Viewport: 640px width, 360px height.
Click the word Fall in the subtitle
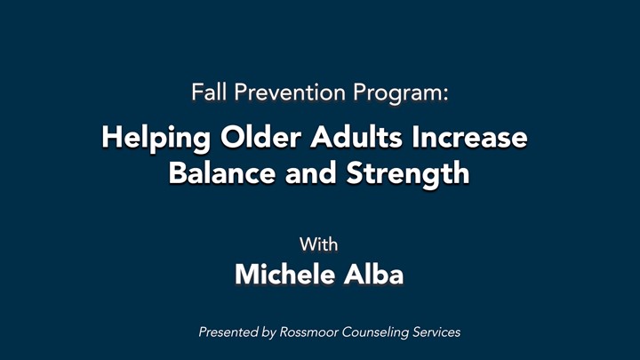209,92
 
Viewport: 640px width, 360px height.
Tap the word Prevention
290,92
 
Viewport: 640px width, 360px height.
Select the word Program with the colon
401,94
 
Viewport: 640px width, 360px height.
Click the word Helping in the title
156,139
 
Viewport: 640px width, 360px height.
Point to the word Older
260,137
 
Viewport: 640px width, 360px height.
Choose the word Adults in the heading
356,137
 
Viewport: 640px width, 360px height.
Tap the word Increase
469,137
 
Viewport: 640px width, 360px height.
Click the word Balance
222,172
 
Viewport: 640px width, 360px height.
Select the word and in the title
310,172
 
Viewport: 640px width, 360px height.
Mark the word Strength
408,175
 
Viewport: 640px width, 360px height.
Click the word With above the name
319,244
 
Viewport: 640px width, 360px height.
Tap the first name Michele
284,274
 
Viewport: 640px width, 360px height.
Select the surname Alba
373,274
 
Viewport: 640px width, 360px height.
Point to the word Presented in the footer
229,332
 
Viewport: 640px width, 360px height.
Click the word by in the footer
269,333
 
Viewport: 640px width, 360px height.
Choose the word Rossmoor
308,332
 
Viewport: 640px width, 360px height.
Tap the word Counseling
375,333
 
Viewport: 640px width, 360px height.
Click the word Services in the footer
436,332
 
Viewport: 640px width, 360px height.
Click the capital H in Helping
112,137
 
